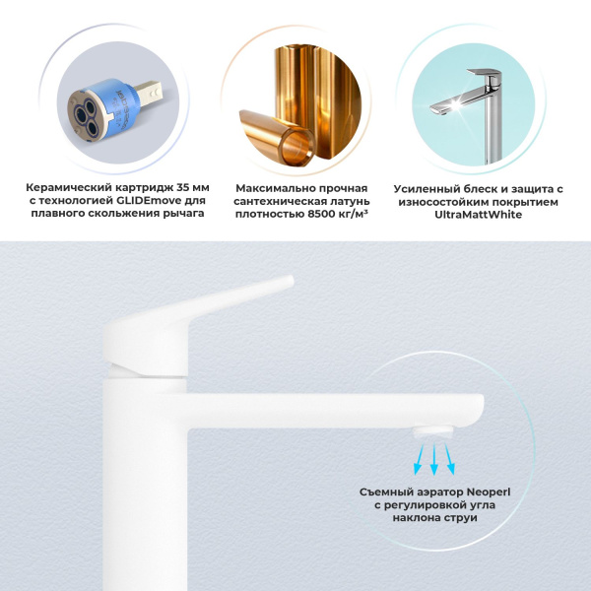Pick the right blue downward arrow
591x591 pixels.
(x=449, y=456)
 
